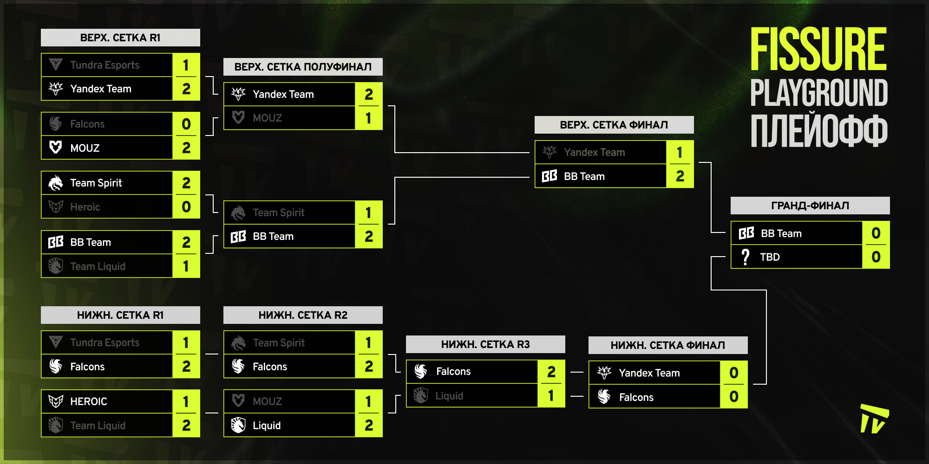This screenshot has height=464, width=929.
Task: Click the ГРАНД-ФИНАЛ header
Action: tap(810, 206)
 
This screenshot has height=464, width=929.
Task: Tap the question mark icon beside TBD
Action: tap(746, 257)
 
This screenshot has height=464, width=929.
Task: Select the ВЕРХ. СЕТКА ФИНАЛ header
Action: tap(614, 125)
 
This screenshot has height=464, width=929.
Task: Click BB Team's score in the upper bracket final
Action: tap(680, 176)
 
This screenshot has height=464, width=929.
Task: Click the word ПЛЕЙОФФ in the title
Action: tap(819, 131)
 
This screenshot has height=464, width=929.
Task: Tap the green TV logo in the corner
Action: tap(874, 419)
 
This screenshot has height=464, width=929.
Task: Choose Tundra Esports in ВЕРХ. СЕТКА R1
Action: tap(105, 65)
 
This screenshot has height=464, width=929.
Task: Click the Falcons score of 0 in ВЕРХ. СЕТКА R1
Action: tap(186, 124)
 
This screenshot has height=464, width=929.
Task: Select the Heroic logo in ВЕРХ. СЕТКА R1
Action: tap(56, 207)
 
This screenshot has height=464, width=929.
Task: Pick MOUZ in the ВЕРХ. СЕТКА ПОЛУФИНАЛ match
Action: tap(267, 118)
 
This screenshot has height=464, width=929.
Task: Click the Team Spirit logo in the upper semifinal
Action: tap(238, 213)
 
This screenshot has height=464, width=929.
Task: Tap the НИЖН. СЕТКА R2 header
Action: tap(303, 315)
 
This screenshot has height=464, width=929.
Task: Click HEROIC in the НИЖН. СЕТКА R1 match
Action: tap(88, 401)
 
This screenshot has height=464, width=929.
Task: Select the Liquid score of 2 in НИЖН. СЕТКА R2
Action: tap(369, 425)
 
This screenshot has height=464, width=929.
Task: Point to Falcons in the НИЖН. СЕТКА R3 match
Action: tap(453, 371)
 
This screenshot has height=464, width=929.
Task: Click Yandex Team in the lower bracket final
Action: tap(649, 373)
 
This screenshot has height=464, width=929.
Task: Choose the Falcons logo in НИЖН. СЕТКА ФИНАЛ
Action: tap(604, 397)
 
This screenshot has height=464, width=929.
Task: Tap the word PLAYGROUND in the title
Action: tap(819, 93)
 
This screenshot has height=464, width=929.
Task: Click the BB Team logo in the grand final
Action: tap(746, 233)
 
